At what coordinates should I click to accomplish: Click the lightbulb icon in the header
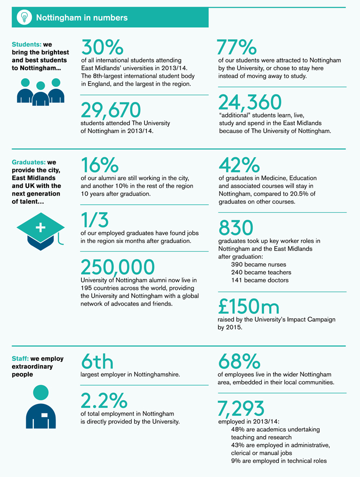(x=23, y=18)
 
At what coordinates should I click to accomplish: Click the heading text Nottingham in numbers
(x=82, y=18)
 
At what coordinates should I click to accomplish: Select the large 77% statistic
(x=237, y=47)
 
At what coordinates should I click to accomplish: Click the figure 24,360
(x=250, y=102)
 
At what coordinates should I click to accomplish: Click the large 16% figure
(x=100, y=165)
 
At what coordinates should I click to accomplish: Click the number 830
(x=235, y=228)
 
